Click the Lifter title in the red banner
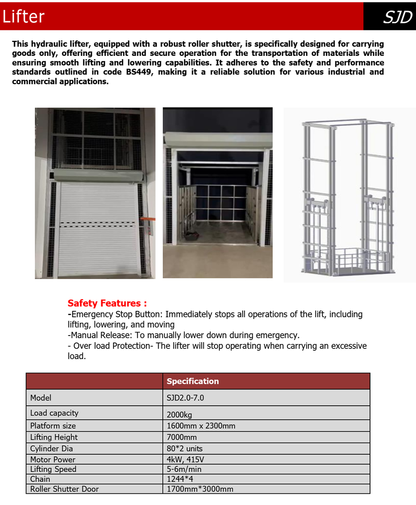pyautogui.click(x=23, y=16)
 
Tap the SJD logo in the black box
pyautogui.click(x=397, y=17)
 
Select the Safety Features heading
pyautogui.click(x=107, y=303)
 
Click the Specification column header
pyautogui.click(x=193, y=381)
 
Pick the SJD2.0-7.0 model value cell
pyautogui.click(x=185, y=398)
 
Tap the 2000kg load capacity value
pyautogui.click(x=179, y=414)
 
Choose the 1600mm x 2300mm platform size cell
pyautogui.click(x=201, y=426)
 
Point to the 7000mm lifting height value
pyautogui.click(x=182, y=437)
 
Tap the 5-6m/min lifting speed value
pyautogui.click(x=184, y=469)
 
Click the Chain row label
pyautogui.click(x=40, y=479)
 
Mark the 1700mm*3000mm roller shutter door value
pyautogui.click(x=200, y=489)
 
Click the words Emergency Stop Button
pyautogui.click(x=117, y=314)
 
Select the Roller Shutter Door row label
pyautogui.click(x=64, y=489)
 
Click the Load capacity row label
pyautogui.click(x=54, y=413)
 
